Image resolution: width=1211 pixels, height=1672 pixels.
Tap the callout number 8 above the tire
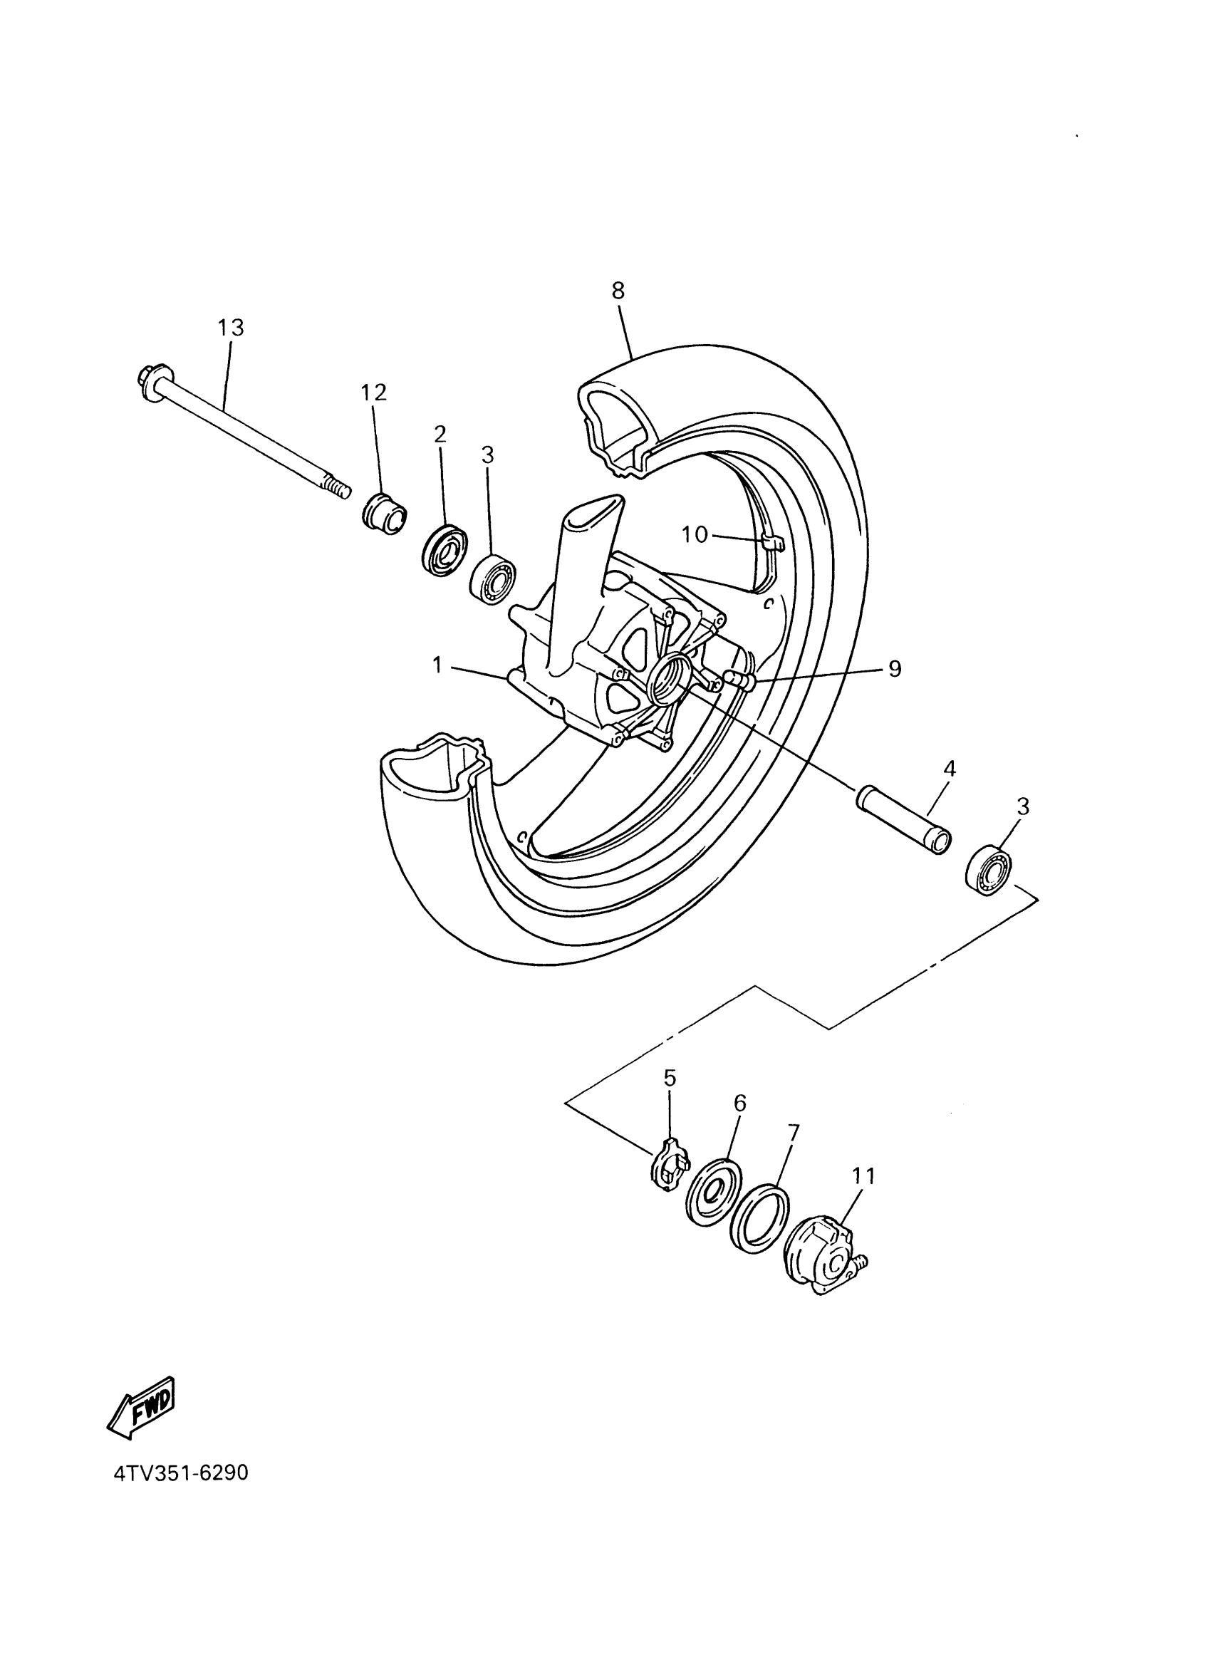point(618,291)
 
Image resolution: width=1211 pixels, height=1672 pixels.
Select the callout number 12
point(374,393)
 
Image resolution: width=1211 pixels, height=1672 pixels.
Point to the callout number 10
point(695,534)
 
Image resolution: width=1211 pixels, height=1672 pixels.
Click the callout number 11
point(863,1177)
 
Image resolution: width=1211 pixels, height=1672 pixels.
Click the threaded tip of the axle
point(337,490)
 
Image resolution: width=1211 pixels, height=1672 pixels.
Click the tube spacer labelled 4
point(903,821)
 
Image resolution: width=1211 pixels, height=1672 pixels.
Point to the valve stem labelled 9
point(738,678)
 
